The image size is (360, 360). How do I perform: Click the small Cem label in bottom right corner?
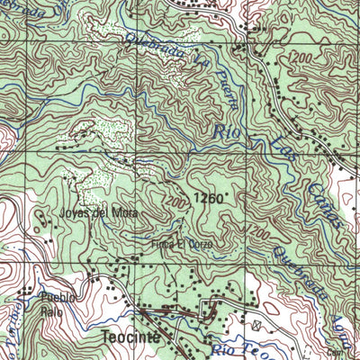pyautogui.click(x=337, y=353)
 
